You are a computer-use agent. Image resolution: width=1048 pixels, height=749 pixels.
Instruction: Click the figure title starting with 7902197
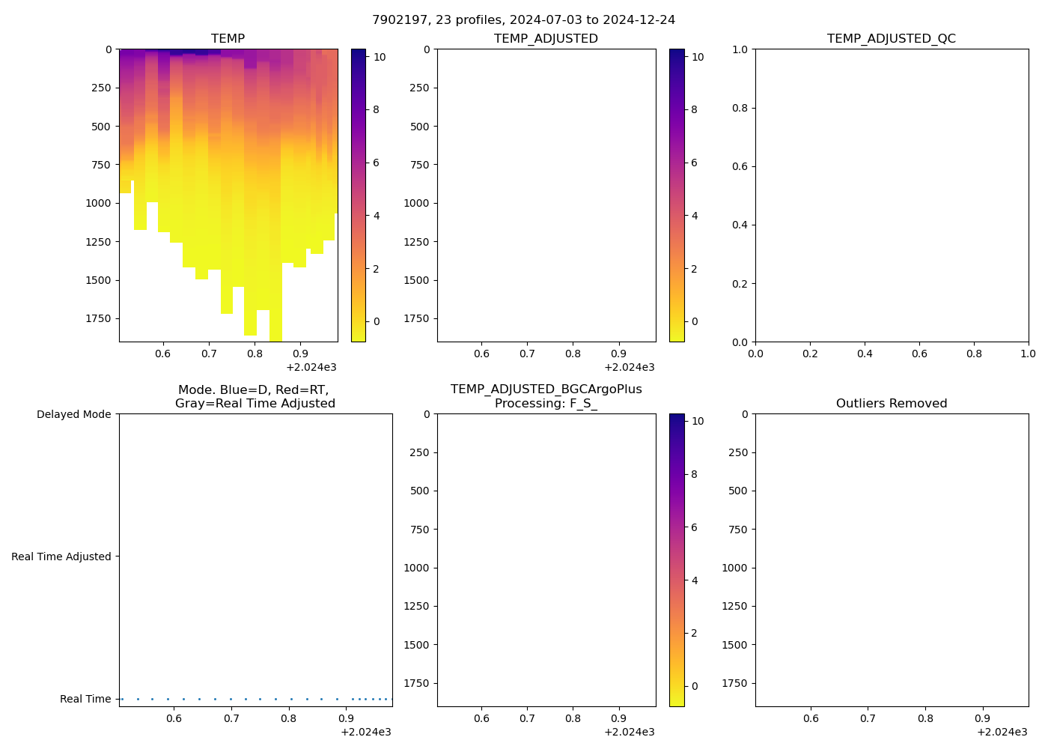(x=523, y=19)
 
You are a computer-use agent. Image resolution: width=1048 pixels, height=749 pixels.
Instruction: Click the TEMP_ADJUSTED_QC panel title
(x=891, y=38)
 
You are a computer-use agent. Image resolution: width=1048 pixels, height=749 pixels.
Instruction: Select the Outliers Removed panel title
(x=891, y=403)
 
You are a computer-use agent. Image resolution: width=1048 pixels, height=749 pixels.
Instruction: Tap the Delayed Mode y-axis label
(x=73, y=414)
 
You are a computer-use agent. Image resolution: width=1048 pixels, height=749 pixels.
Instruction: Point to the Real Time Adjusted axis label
(x=61, y=557)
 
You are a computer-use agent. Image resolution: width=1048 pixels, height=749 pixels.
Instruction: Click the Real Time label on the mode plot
(x=85, y=699)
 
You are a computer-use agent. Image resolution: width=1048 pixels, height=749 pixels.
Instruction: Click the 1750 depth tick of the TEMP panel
(x=98, y=318)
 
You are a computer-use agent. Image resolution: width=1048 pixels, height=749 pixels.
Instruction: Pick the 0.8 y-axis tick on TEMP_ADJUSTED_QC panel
(x=740, y=108)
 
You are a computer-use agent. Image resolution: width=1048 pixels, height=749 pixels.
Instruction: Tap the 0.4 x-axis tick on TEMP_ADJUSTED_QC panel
(x=865, y=354)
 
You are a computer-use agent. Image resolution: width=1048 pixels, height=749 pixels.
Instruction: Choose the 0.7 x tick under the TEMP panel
(x=209, y=354)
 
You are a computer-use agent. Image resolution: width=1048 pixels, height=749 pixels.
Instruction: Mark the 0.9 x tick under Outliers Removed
(x=982, y=718)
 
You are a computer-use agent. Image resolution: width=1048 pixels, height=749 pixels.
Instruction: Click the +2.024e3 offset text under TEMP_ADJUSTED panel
(x=629, y=367)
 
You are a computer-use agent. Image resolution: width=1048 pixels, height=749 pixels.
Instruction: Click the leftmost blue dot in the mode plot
(x=122, y=699)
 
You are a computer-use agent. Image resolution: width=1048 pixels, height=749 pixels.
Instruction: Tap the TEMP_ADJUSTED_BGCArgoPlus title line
(x=546, y=389)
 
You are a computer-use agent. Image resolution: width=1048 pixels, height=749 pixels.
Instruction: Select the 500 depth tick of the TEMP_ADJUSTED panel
(x=419, y=126)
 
